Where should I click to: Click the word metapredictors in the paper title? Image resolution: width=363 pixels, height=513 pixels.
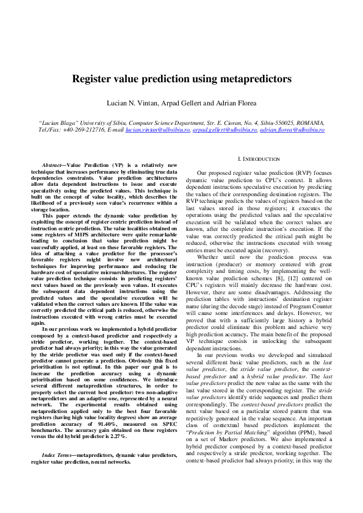click(x=255, y=79)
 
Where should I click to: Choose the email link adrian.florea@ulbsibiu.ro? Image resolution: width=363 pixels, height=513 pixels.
click(x=292, y=130)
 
